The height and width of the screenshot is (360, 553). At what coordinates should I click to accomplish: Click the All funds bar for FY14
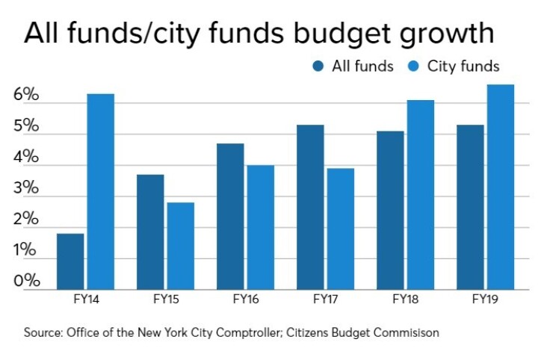point(70,261)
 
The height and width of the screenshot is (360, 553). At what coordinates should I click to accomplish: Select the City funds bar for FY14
point(99,191)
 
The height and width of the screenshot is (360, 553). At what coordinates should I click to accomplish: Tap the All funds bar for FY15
point(150,232)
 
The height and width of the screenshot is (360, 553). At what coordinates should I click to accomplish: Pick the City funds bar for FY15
point(179,246)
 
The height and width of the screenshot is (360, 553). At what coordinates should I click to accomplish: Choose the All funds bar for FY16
point(230,217)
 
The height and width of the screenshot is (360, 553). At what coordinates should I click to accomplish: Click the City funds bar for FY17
point(340,229)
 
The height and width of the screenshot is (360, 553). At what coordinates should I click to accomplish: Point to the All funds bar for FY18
point(390,210)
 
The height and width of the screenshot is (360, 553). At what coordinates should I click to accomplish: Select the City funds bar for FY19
point(500,187)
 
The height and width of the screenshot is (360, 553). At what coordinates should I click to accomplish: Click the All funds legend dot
point(318,66)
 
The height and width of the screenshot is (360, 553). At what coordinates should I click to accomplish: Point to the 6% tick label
point(25,96)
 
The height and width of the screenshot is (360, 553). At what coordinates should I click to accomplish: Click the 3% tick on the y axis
point(25,188)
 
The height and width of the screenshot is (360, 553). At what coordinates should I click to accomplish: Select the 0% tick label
point(25,281)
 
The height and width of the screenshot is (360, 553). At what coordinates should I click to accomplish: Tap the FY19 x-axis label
point(486,302)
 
